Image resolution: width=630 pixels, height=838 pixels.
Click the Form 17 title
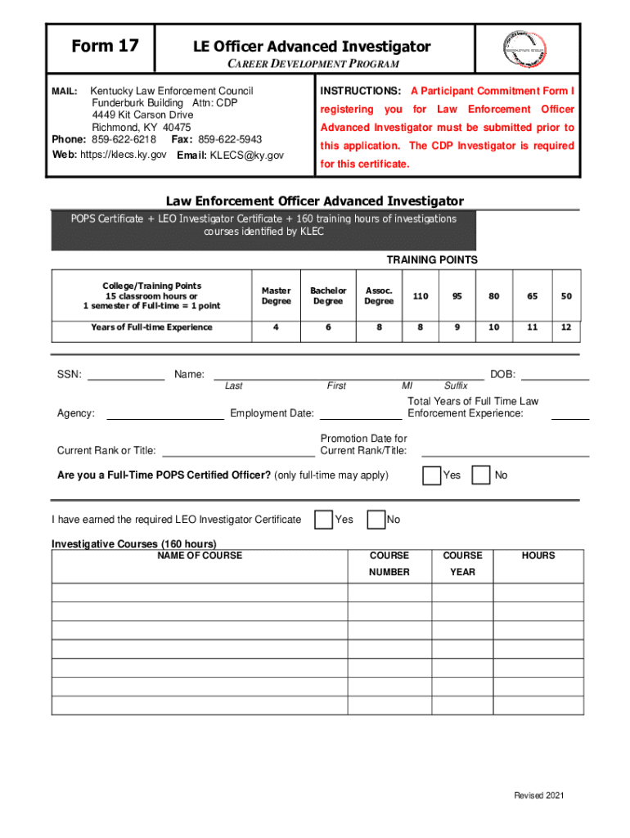click(x=105, y=47)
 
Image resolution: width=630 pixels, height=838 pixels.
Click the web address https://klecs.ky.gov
click(x=123, y=155)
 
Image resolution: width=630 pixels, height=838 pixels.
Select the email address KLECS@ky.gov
click(x=247, y=155)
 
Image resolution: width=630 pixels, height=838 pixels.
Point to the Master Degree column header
click(x=276, y=295)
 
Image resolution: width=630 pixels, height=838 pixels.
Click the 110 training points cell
click(x=421, y=295)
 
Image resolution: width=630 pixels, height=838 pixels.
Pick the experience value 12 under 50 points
click(x=566, y=327)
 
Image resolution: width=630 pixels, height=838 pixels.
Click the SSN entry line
click(x=125, y=376)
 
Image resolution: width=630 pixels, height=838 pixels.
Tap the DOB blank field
click(x=555, y=376)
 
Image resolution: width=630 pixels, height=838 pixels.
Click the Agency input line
click(x=164, y=414)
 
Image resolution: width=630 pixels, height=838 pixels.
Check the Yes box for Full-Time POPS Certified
click(x=432, y=475)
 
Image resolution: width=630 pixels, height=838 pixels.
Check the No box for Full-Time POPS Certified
click(x=482, y=475)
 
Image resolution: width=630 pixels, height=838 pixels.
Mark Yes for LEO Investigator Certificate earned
click(x=324, y=520)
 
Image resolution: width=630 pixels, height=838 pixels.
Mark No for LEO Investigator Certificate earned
click(x=376, y=520)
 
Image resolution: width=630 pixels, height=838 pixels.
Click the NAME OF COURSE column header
click(x=200, y=556)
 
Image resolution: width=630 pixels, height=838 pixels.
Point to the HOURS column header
click(x=538, y=556)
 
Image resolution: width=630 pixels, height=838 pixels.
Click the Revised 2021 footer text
click(x=538, y=796)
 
